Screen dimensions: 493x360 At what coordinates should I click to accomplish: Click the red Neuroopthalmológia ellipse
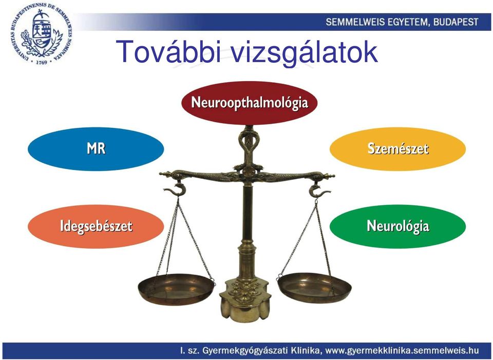point(250,103)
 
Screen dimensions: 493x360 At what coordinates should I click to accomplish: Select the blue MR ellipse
point(96,149)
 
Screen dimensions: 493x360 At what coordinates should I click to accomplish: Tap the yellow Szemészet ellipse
point(397,149)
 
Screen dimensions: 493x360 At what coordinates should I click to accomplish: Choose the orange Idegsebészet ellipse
point(96,226)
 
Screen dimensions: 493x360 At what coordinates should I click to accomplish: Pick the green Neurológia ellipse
point(397,226)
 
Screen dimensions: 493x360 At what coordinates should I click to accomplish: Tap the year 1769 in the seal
point(41,62)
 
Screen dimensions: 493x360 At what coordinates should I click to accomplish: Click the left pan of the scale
point(176,289)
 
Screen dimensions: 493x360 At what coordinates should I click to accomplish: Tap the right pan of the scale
point(314,288)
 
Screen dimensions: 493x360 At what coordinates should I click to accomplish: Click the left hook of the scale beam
point(174,190)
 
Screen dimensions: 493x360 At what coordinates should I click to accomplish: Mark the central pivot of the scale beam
point(249,172)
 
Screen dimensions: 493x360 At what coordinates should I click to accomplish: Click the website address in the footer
point(402,350)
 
